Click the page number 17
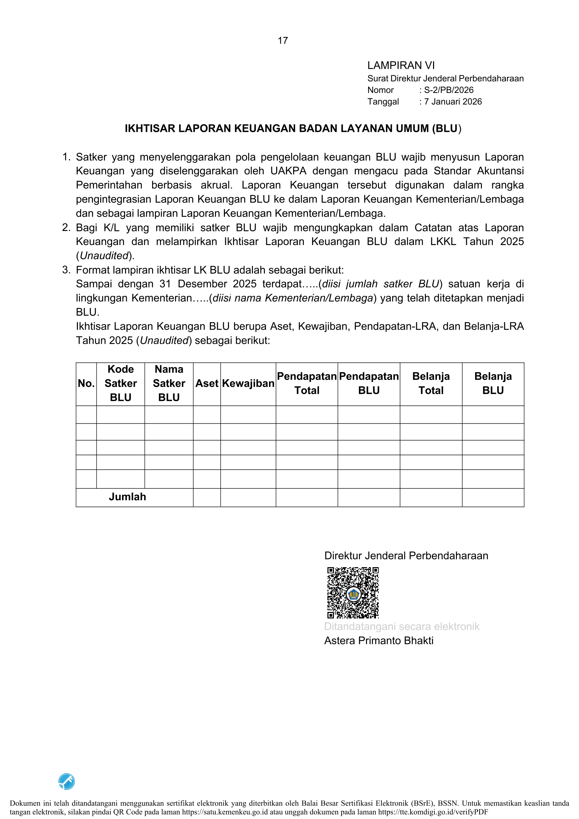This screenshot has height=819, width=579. coord(283,41)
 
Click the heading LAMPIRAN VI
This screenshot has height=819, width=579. coord(401,66)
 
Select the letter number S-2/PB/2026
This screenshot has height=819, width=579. coord(448,90)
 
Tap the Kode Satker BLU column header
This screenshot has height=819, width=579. coord(121,383)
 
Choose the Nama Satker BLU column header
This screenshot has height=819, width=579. coord(169,383)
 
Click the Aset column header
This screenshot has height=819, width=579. coord(206,383)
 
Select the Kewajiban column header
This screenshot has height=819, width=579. coord(248,383)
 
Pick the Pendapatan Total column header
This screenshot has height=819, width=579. coord(307,383)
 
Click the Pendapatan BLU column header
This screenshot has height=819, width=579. coord(369,383)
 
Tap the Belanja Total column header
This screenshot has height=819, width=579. coord(431,383)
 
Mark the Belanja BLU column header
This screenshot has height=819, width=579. coord(493,383)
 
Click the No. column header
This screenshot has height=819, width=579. coord(86,383)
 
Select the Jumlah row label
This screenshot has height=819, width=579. coord(127,497)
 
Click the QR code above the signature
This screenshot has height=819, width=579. coord(353,592)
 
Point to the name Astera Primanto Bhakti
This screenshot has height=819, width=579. coord(378,641)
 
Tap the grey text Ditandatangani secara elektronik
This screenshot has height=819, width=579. coord(401,626)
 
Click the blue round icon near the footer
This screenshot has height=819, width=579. coord(67,781)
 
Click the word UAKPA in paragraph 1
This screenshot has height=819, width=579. coord(288,171)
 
